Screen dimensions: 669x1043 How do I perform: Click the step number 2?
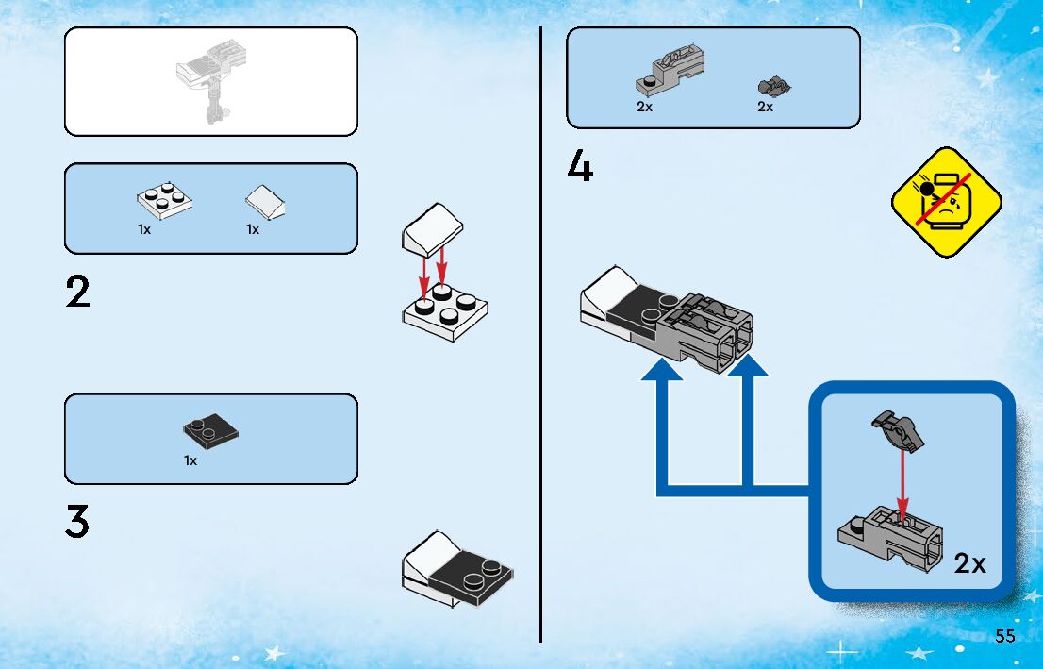click(78, 293)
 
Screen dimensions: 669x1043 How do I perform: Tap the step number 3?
click(77, 522)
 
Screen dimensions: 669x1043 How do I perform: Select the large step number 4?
click(580, 167)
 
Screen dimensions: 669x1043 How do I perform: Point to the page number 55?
click(1004, 636)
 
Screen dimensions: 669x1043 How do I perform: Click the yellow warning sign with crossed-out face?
click(946, 202)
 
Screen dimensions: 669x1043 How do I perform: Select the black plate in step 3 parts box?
click(210, 431)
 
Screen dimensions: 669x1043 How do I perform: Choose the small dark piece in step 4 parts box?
click(773, 87)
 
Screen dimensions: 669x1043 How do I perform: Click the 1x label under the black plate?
click(190, 461)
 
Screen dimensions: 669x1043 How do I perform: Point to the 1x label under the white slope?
click(253, 229)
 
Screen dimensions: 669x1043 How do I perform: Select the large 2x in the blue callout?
click(969, 564)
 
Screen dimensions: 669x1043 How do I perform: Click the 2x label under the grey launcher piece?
click(644, 108)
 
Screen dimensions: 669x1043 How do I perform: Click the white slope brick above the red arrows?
click(433, 228)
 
